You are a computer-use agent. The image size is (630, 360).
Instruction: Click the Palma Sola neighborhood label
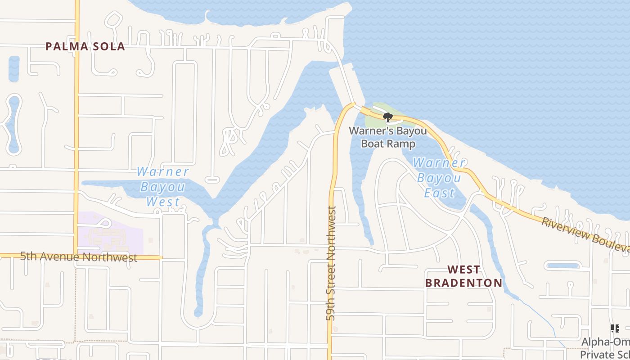coord(85,46)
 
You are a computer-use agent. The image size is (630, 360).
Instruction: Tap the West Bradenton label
coord(463,276)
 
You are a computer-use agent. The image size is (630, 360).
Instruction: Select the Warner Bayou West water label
coord(162,187)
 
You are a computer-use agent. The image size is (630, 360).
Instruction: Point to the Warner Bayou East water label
coord(439,178)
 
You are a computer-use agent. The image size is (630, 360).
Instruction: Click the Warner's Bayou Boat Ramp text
coord(382,137)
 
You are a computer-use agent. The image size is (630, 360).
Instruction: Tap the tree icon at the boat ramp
coord(387,118)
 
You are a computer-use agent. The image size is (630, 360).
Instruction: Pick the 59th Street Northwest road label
coord(332,263)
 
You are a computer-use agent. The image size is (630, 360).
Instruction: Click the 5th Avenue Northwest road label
coord(79,257)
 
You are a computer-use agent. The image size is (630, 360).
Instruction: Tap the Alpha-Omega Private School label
coord(605,348)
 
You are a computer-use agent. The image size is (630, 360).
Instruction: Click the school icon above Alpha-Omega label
coord(615,329)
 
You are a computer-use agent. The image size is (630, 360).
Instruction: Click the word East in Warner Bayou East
coord(440,193)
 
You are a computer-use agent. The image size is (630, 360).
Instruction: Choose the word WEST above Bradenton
coord(463,270)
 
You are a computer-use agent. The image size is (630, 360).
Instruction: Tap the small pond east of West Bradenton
coord(562,265)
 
